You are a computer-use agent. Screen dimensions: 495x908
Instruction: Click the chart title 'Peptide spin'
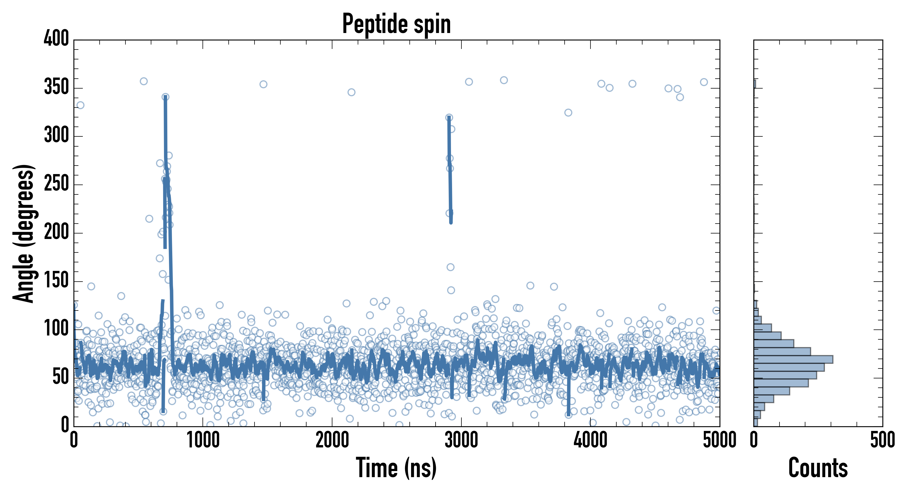point(396,24)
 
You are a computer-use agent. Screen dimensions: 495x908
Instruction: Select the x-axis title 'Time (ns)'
point(396,468)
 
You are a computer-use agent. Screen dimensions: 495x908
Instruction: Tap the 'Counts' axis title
point(818,468)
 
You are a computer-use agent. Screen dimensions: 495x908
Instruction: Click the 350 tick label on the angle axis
point(56,87)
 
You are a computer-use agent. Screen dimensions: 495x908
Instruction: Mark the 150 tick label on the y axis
point(56,280)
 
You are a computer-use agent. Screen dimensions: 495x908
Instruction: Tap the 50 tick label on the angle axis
point(60,377)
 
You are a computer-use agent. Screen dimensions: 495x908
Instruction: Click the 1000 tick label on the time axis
point(203,440)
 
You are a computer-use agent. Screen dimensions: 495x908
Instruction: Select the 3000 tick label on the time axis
point(461,440)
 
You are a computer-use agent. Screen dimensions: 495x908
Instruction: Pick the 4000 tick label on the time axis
point(590,440)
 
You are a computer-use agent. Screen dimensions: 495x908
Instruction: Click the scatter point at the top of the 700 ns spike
point(165,97)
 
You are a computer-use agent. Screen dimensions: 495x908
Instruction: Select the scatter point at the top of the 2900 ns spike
point(449,117)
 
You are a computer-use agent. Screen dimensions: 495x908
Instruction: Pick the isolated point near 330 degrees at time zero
point(80,105)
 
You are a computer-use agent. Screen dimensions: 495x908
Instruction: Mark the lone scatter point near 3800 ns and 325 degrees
point(568,113)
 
